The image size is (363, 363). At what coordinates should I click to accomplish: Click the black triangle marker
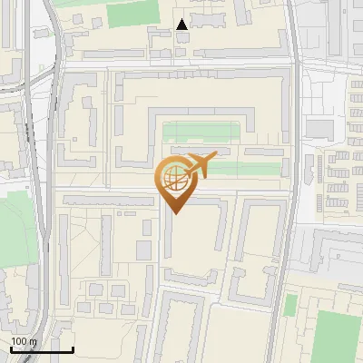(x=182, y=25)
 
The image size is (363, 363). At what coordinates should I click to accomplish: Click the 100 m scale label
(x=24, y=341)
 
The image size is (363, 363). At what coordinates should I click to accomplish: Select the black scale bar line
(x=41, y=350)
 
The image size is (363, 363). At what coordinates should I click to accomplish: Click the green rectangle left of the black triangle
(x=126, y=15)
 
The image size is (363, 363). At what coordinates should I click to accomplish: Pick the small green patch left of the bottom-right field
(x=290, y=306)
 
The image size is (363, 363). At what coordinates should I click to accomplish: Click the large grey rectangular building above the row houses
(x=319, y=127)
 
